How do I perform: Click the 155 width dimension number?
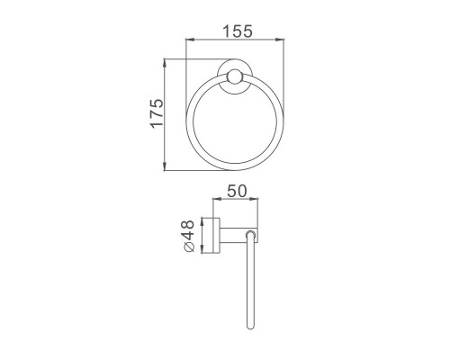point(238,31)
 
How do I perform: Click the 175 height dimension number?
point(157,113)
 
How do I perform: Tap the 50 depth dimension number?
point(237,192)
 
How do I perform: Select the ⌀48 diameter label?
point(188,236)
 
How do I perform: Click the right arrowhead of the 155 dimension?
point(280,40)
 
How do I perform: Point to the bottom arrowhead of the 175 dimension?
point(165,166)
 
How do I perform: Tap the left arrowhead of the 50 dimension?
point(217,199)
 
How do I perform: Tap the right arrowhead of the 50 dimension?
point(253,199)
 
